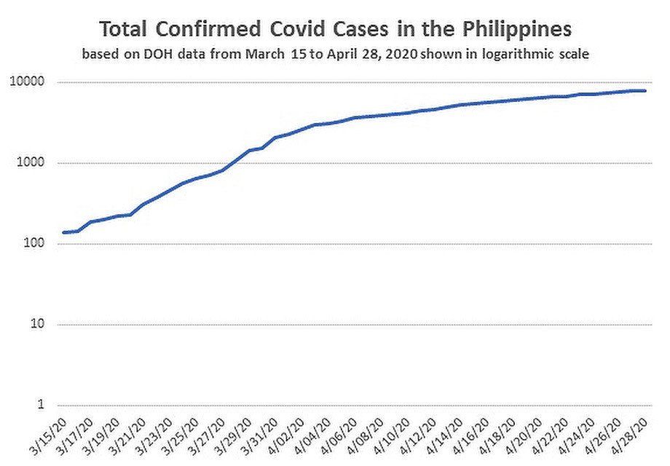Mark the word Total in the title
point(123,31)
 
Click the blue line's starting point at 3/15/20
point(64,232)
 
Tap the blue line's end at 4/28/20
point(646,91)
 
